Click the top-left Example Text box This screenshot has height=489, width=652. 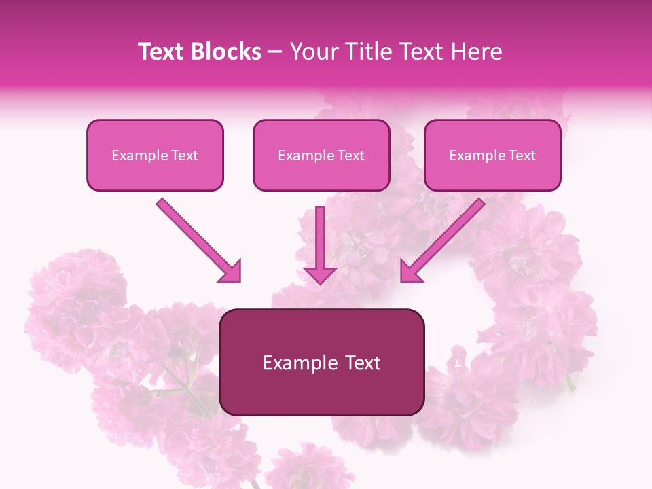[155, 155]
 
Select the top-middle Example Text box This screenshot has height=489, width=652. [321, 155]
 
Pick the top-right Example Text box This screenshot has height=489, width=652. [492, 155]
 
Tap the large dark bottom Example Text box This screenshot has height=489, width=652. [321, 362]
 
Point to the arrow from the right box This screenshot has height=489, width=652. [444, 239]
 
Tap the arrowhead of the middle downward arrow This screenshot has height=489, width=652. [320, 274]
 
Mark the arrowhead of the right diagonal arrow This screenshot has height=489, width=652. [410, 273]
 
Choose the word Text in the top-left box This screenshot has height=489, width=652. [185, 156]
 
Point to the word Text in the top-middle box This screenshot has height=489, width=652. [351, 156]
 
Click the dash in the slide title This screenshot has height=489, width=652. [275, 52]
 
